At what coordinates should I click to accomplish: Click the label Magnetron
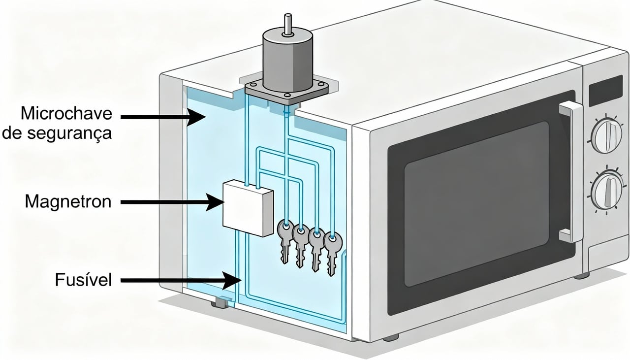(x=67, y=201)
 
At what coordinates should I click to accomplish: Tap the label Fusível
(x=83, y=280)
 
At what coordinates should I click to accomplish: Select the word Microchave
(x=66, y=113)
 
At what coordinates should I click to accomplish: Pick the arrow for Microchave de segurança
(x=162, y=117)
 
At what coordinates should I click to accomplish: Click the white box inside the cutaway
(x=247, y=207)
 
